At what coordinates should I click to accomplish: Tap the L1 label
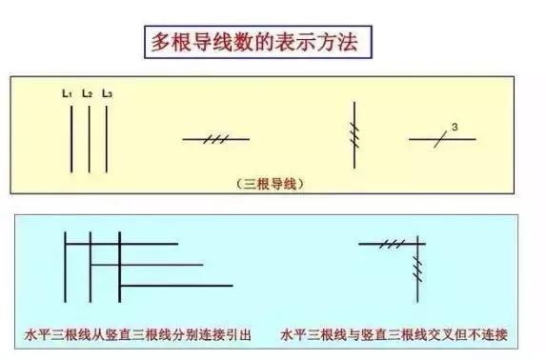tap(68, 93)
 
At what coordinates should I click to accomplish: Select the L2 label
tap(87, 93)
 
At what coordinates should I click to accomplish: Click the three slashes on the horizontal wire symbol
tap(216, 139)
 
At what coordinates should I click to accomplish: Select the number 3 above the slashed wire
tap(455, 127)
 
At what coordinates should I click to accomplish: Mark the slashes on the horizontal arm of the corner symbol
tap(390, 244)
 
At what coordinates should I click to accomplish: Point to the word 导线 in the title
tap(216, 42)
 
